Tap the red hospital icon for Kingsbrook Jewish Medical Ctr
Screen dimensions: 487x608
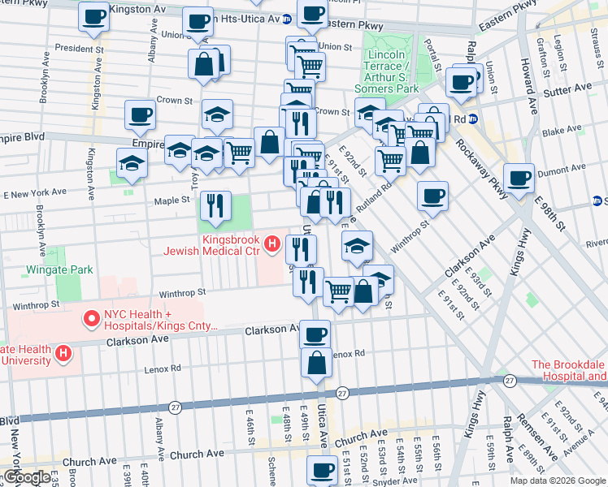274,243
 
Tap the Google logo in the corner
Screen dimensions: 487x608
26,478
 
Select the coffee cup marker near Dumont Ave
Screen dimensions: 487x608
519,178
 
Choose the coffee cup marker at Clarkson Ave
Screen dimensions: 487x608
315,334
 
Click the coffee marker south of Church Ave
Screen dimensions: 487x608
322,470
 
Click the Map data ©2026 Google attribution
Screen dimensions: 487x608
558,481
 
